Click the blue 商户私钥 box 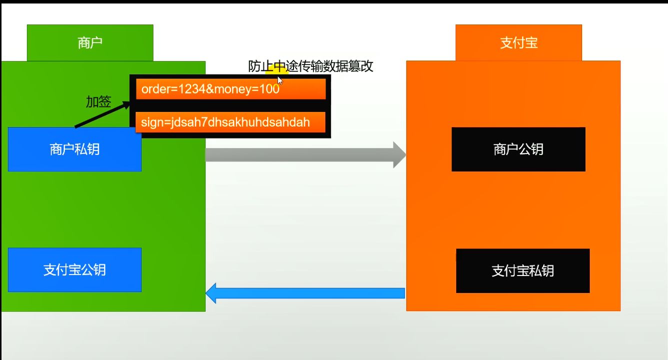coord(74,149)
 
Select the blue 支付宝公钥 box coord(74,270)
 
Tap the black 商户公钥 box coord(518,149)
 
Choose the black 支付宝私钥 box coord(522,271)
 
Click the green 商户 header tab coord(90,43)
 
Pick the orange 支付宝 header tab coord(518,43)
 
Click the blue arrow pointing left coord(305,293)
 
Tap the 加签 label coord(98,102)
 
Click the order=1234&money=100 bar coord(230,89)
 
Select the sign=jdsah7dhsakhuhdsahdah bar coord(230,122)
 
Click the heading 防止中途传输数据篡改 coord(310,66)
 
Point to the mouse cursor coord(280,80)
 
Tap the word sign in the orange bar coord(151,122)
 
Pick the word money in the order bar coord(235,89)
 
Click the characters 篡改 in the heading coord(360,66)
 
